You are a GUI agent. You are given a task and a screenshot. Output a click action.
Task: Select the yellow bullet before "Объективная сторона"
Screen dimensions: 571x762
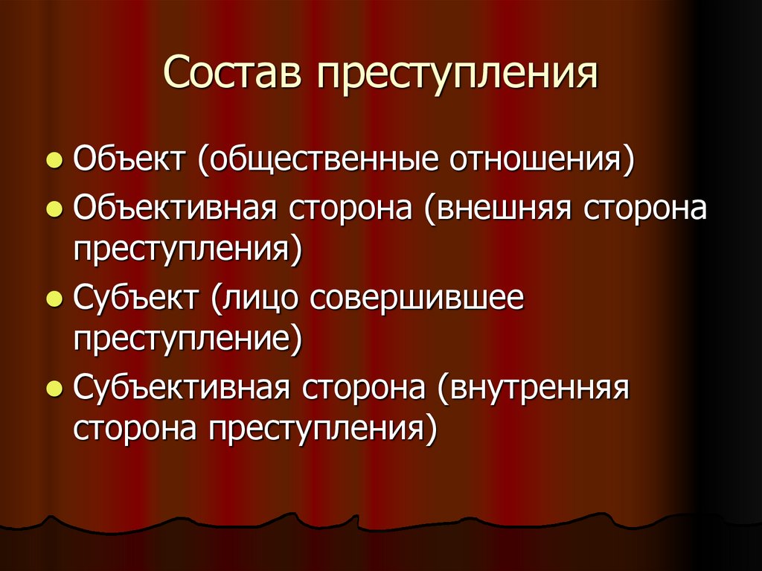tap(54, 211)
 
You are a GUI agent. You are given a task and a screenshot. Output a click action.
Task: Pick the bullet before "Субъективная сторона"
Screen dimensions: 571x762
tap(54, 389)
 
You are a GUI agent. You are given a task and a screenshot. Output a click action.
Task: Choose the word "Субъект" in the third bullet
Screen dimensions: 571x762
tap(137, 299)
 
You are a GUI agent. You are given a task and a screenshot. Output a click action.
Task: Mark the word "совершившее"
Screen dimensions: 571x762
tap(417, 299)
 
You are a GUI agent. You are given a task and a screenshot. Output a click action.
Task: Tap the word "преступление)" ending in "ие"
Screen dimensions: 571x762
tap(188, 339)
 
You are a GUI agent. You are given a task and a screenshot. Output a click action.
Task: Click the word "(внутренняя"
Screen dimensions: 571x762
tap(534, 388)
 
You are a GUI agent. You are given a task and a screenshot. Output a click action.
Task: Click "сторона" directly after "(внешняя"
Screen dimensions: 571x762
tap(645, 209)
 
